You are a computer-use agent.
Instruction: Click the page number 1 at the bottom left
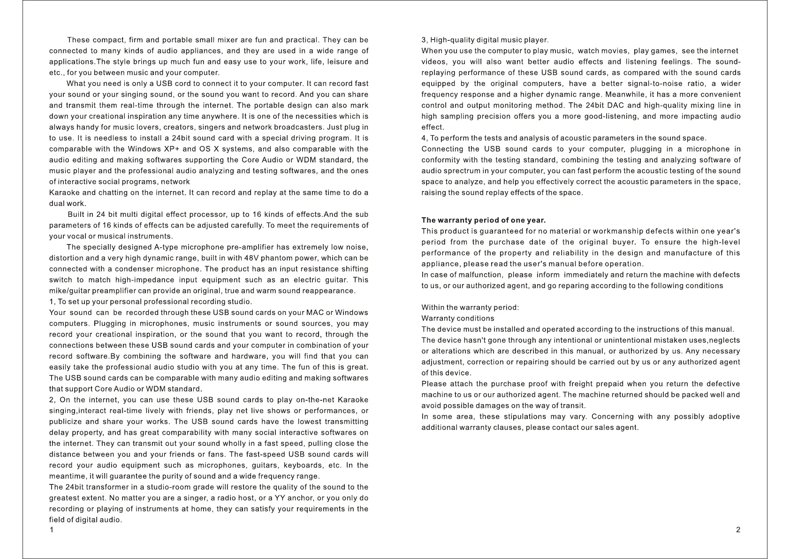[x=52, y=530]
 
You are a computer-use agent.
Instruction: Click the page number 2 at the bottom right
[x=738, y=530]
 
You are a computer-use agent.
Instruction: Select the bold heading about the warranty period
[x=483, y=220]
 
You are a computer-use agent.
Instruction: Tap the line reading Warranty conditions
[x=457, y=318]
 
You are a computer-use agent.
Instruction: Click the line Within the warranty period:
[x=470, y=307]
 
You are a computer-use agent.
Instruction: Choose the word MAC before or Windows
[x=314, y=313]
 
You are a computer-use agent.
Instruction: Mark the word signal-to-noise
[x=677, y=84]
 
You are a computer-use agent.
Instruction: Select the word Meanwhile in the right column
[x=626, y=95]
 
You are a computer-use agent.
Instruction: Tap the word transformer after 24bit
[x=100, y=487]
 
